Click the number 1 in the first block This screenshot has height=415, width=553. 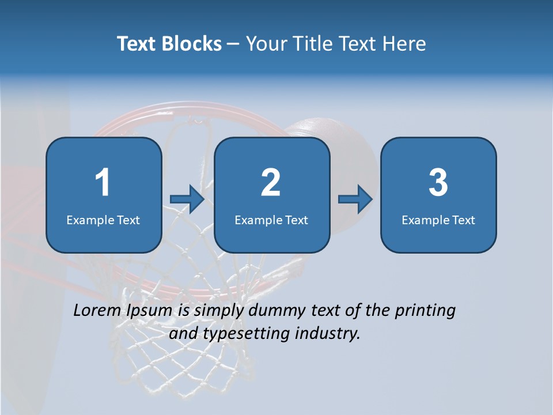103,183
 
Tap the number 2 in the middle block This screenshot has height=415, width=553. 271,183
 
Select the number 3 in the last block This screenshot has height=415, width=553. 438,183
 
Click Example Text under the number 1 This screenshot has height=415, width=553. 103,220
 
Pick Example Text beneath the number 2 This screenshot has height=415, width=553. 271,220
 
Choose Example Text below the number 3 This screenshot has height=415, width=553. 438,220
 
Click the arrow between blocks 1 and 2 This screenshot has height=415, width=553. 187,199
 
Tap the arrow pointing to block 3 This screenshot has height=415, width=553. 355,199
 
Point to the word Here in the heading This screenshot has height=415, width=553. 404,44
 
